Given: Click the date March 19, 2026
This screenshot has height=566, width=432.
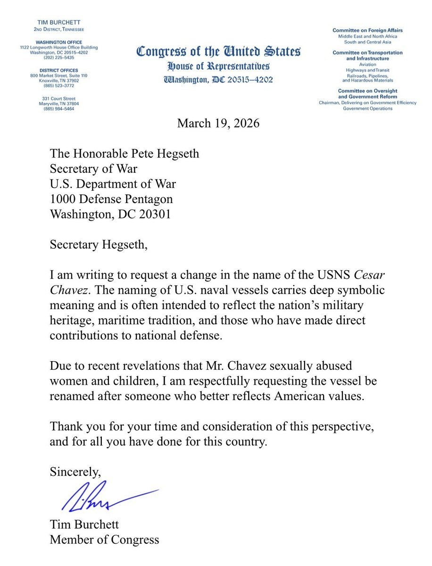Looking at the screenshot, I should click(x=218, y=124).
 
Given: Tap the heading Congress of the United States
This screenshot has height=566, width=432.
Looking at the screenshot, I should click(x=218, y=51).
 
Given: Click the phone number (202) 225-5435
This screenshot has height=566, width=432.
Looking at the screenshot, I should click(x=59, y=58).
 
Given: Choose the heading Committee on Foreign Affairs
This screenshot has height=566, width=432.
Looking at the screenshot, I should click(x=367, y=31).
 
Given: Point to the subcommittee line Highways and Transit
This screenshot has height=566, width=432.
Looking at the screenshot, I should click(x=367, y=70).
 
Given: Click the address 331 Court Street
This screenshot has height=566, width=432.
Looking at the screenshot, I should click(x=59, y=98).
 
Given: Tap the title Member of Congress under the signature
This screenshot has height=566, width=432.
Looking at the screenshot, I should click(x=105, y=540).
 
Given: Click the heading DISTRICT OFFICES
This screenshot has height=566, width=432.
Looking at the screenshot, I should click(x=59, y=70).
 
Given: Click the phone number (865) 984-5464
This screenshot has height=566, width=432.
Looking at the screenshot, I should click(x=59, y=109).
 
